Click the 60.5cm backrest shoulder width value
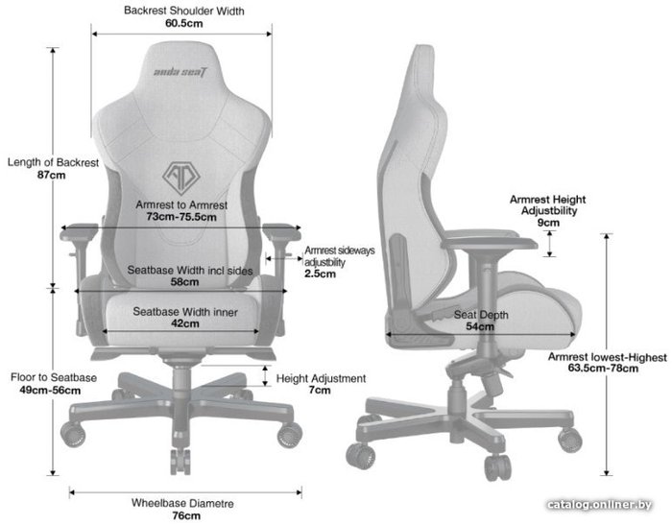tap(184, 23)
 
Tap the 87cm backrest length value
tap(52, 175)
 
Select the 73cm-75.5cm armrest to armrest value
tap(181, 217)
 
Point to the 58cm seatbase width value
tap(184, 282)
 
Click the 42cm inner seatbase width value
tap(184, 323)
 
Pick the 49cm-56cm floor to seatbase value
tap(50, 390)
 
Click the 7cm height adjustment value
tap(320, 390)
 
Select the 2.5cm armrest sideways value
tap(320, 274)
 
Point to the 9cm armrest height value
tap(548, 223)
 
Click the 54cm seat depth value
tap(480, 326)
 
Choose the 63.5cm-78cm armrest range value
tap(603, 369)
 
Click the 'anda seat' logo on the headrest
tap(180, 72)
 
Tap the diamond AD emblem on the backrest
tap(181, 178)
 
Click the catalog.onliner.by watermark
tap(600, 505)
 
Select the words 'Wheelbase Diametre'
tap(182, 503)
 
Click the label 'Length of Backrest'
tap(53, 162)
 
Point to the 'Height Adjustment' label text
tap(321, 378)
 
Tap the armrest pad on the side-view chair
tap(490, 239)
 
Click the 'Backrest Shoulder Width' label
tap(184, 11)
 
